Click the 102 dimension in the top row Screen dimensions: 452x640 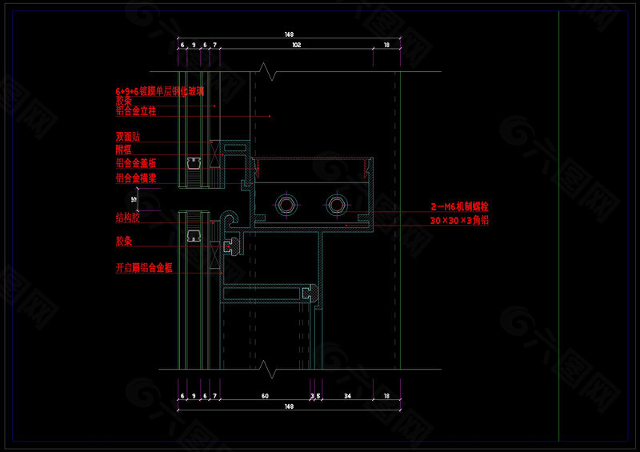pyautogui.click(x=296, y=46)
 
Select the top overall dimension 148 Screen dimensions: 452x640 pyautogui.click(x=289, y=34)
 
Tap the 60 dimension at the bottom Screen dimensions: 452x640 pyautogui.click(x=265, y=395)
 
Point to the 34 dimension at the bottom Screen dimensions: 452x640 pyautogui.click(x=347, y=395)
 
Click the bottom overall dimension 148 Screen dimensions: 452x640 pyautogui.click(x=289, y=406)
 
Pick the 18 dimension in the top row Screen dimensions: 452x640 pyautogui.click(x=387, y=46)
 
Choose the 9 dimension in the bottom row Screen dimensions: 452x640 pyautogui.click(x=194, y=395)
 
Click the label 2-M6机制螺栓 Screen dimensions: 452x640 pyautogui.click(x=459, y=207)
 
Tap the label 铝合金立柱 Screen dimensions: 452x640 pyautogui.click(x=135, y=110)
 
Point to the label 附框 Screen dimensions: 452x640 pyautogui.click(x=123, y=150)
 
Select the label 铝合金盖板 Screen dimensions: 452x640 pyautogui.click(x=135, y=163)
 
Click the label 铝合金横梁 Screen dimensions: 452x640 pyautogui.click(x=135, y=178)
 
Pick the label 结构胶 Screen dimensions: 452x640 pyautogui.click(x=128, y=217)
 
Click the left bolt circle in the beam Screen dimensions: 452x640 pyautogui.click(x=286, y=206)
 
